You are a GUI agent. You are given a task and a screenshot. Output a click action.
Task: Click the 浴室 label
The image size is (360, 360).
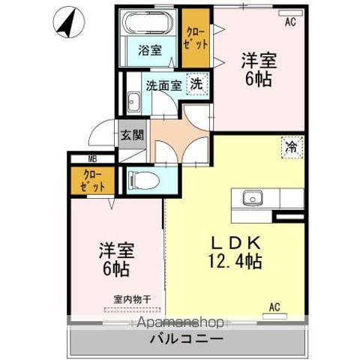click(149, 51)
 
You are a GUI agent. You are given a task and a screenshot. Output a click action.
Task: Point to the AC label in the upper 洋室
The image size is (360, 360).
click(290, 23)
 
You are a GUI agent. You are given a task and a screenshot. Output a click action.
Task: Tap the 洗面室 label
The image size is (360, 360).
click(163, 85)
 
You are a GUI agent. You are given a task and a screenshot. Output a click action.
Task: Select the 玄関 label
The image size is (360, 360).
click(128, 137)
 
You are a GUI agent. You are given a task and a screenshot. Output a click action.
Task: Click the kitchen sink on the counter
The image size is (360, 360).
click(252, 197)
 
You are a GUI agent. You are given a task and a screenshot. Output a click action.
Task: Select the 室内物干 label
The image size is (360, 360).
click(132, 299)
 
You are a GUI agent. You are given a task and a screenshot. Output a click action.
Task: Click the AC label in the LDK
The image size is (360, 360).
click(275, 306)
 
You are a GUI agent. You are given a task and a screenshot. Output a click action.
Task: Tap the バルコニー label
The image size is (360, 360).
click(180, 339)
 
